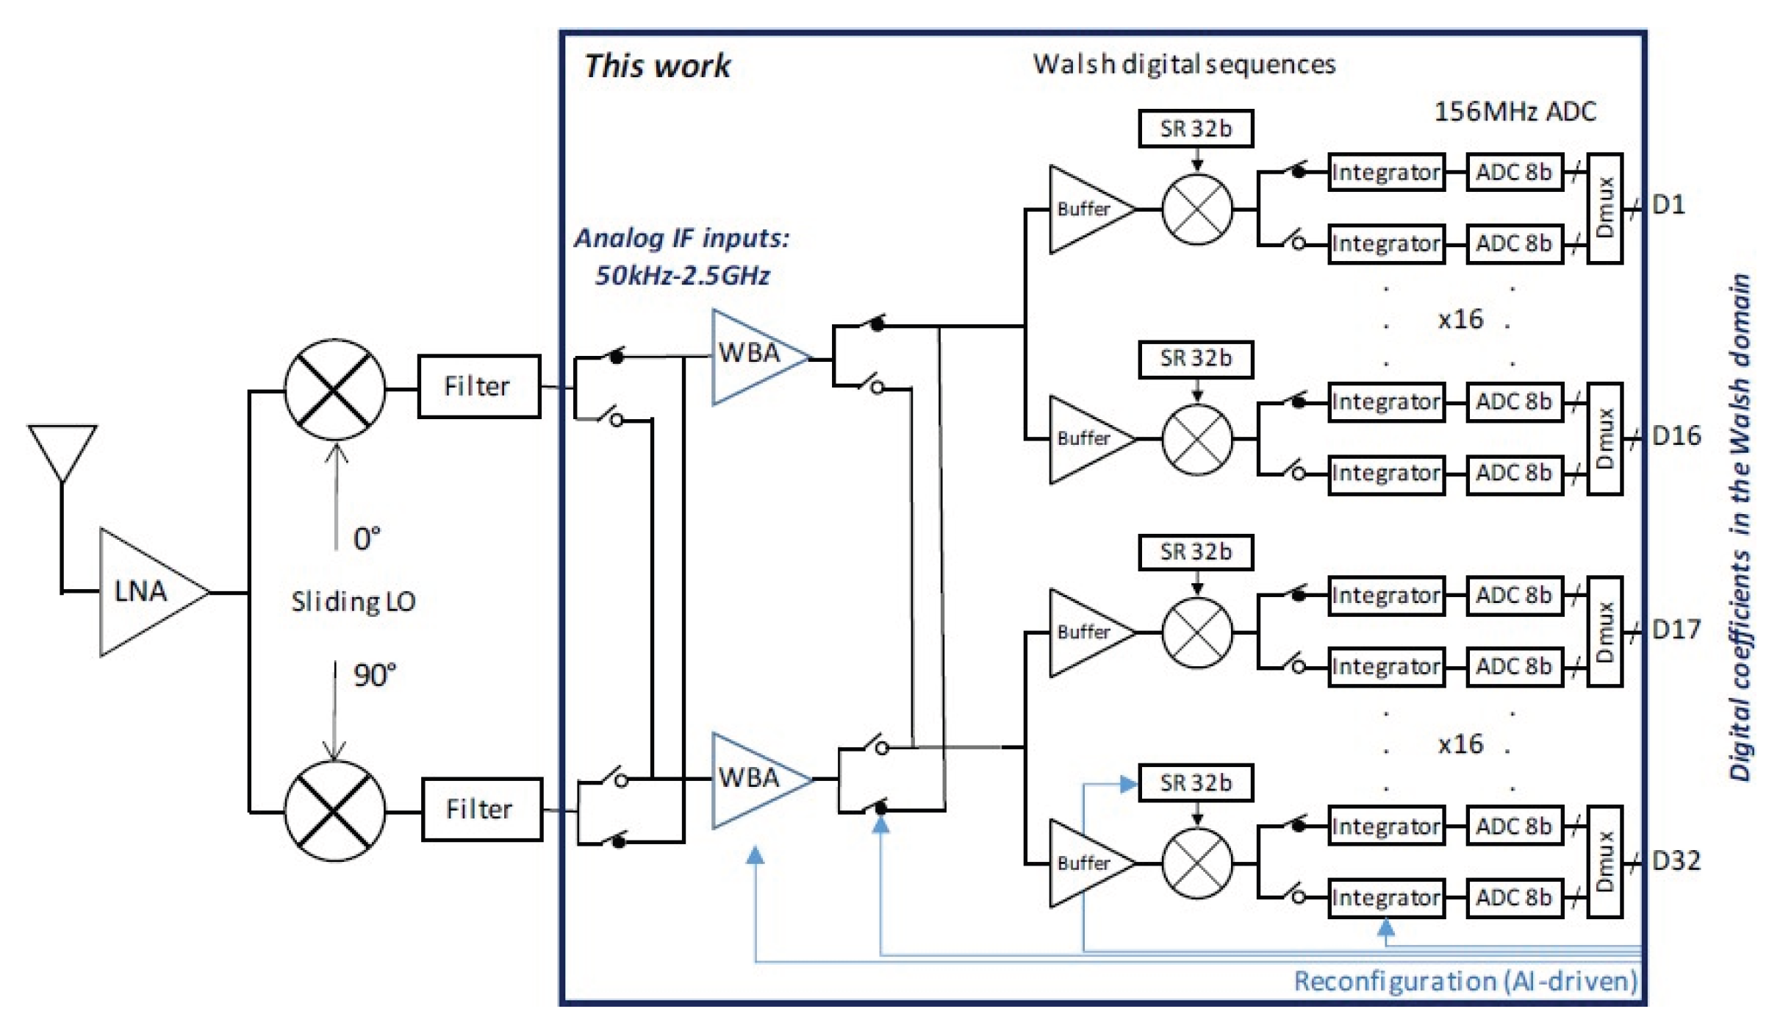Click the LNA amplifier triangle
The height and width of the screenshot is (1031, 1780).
point(147,592)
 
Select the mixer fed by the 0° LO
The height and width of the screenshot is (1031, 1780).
point(334,390)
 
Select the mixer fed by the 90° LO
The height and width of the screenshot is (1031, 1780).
point(334,811)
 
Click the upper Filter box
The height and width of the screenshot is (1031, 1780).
point(479,387)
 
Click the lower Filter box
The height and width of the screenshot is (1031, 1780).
point(482,810)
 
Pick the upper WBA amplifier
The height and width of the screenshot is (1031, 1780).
point(753,357)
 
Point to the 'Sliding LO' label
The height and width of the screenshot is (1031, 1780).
point(354,602)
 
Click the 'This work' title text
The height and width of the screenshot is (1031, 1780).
point(657,66)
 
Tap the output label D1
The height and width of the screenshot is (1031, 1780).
point(1668,205)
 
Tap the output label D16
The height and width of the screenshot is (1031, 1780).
point(1676,436)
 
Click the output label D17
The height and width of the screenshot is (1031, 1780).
point(1676,629)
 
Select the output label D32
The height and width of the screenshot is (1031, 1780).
point(1676,860)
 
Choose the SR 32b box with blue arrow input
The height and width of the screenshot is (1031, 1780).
point(1196,783)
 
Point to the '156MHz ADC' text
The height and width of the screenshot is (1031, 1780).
point(1515,112)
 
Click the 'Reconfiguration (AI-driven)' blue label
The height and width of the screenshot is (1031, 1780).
point(1465,982)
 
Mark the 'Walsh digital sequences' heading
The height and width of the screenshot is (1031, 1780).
point(1184,65)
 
